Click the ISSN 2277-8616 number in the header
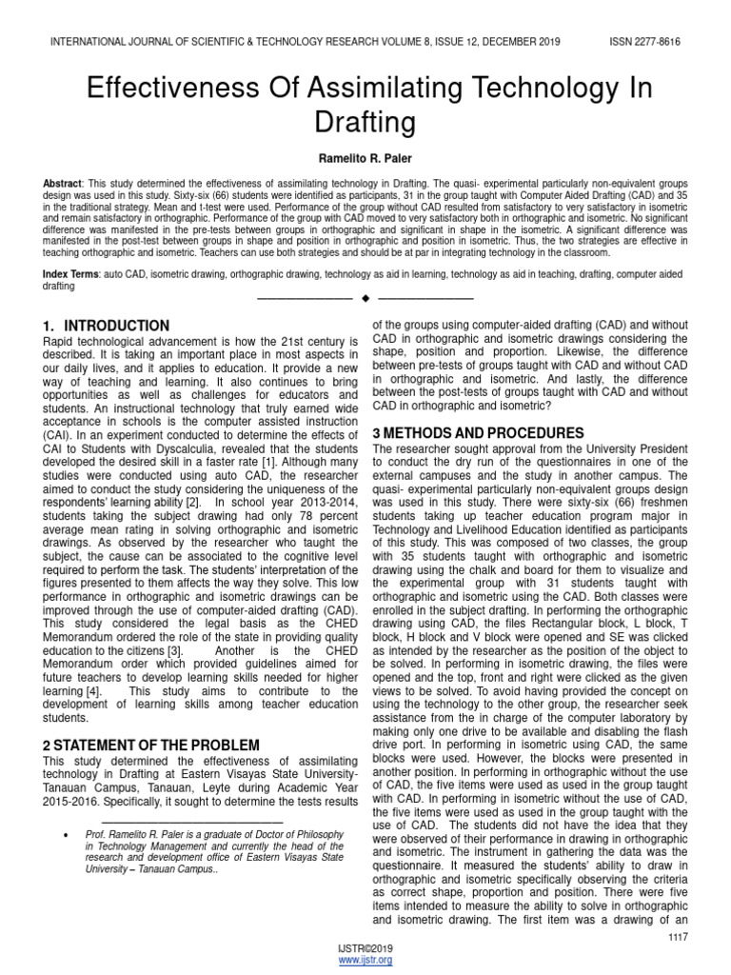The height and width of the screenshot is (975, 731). (x=644, y=41)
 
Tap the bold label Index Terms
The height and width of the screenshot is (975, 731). (x=71, y=273)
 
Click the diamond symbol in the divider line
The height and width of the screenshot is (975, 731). (x=365, y=301)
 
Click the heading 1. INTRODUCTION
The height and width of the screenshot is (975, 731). (x=108, y=326)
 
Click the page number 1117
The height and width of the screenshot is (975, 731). (x=679, y=937)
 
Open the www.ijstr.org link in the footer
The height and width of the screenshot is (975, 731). (x=365, y=960)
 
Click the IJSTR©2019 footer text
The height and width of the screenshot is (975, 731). (x=365, y=949)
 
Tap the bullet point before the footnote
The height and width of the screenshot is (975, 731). (x=64, y=835)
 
